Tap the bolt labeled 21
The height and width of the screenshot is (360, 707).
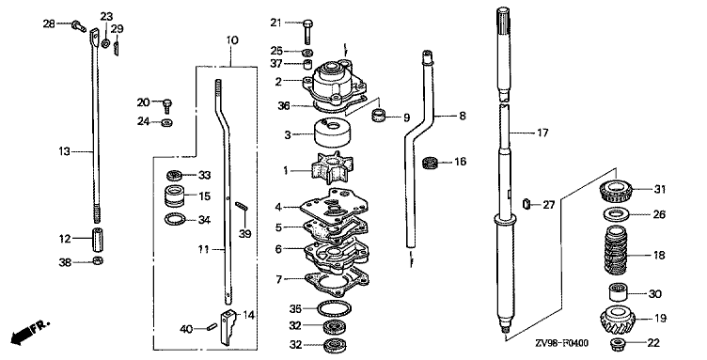[x=308, y=29]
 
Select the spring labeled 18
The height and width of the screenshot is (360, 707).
[x=616, y=250]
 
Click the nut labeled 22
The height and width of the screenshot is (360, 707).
[x=617, y=344]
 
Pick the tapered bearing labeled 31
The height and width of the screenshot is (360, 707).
[x=617, y=190]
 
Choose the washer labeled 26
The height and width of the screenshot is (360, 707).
[x=616, y=215]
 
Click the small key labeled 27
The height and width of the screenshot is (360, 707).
[x=526, y=205]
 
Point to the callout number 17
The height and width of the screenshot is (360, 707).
[x=542, y=133]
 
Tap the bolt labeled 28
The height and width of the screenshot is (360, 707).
[x=78, y=26]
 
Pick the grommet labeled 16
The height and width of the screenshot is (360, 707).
[x=431, y=163]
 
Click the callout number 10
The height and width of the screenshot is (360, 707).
[x=232, y=40]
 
